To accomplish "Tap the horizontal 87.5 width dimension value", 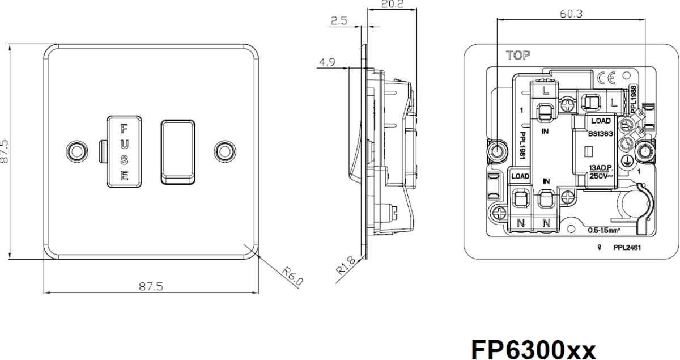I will pyautogui.click(x=151, y=286).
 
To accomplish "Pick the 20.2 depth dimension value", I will pyautogui.click(x=392, y=5).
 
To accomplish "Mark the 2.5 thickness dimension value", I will pyautogui.click(x=340, y=21).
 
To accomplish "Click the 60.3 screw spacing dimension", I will pyautogui.click(x=571, y=14).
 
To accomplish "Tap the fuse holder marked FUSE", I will pyautogui.click(x=123, y=151).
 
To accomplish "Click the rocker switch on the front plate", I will pyautogui.click(x=177, y=151).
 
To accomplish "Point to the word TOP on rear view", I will pyautogui.click(x=518, y=56).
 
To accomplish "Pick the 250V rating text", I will pyautogui.click(x=600, y=176).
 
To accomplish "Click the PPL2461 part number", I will pyautogui.click(x=627, y=248).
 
